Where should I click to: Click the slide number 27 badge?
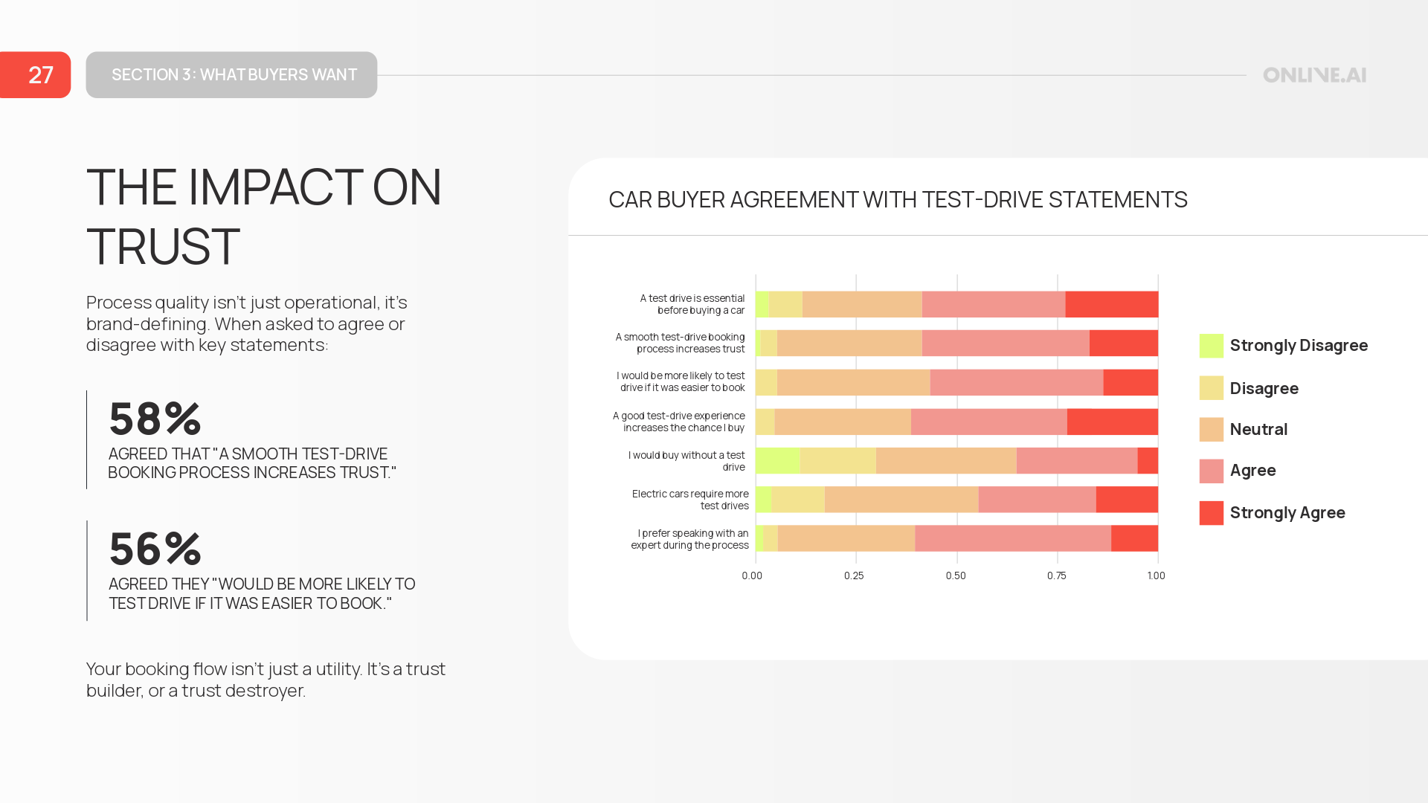36,75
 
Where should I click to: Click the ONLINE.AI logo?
1314,75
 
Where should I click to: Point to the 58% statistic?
155,419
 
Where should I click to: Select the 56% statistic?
155,549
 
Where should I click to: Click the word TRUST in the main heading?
163,246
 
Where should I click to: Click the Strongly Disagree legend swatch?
1211,346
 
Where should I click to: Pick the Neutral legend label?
1258,430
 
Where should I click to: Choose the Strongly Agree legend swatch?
1211,513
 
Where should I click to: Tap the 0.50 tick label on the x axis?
956,575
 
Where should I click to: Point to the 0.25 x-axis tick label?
854,575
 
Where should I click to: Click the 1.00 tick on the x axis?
1156,575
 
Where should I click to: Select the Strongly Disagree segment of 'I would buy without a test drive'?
777,461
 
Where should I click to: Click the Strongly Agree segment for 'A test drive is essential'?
1111,305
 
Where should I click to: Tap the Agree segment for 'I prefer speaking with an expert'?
1012,538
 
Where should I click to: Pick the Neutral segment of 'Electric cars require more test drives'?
901,500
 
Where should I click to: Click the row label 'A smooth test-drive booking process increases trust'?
680,343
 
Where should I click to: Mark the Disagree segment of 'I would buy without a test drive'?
837,461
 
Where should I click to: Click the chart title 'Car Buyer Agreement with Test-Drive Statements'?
898,200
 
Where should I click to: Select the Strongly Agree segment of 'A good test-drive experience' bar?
1112,422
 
